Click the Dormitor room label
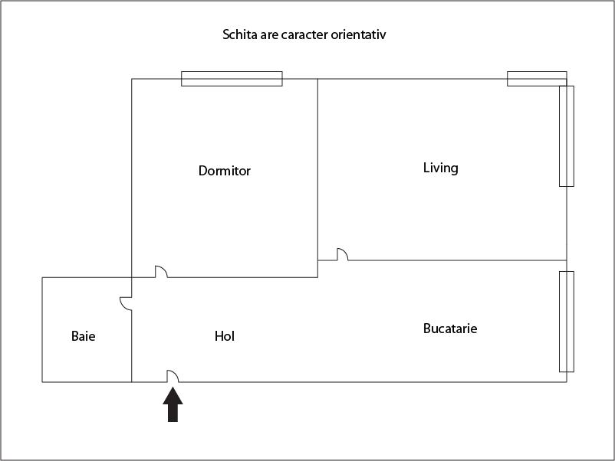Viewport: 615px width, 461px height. click(x=225, y=170)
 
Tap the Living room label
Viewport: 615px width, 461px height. click(x=440, y=168)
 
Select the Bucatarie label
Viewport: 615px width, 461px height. click(x=450, y=329)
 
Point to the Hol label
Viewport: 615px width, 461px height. click(x=225, y=336)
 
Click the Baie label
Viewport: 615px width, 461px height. click(x=83, y=336)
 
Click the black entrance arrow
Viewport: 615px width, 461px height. click(x=173, y=404)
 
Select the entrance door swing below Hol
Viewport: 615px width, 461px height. click(x=173, y=376)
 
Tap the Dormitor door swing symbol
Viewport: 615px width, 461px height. click(x=161, y=272)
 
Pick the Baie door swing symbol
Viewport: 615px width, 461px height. click(x=126, y=303)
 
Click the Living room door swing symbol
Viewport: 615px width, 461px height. click(x=343, y=254)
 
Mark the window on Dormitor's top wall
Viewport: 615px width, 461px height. click(x=232, y=79)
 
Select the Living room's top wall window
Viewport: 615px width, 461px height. click(x=537, y=79)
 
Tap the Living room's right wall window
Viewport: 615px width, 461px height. click(x=567, y=136)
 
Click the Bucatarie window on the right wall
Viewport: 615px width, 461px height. click(x=567, y=322)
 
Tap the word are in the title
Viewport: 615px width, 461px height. click(x=269, y=35)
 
